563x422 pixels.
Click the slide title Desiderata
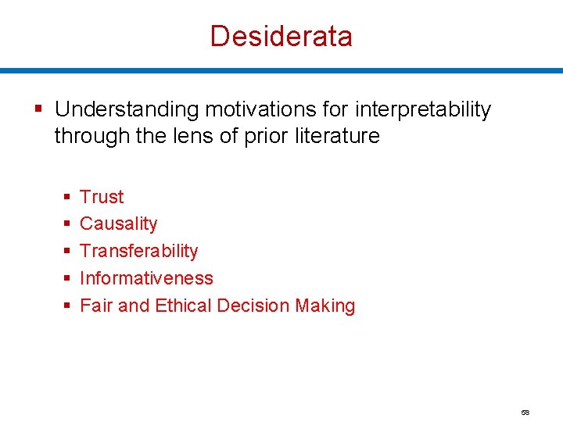click(x=281, y=36)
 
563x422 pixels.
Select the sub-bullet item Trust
click(x=102, y=197)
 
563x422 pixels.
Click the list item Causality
click(x=118, y=224)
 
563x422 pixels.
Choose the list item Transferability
click(x=138, y=252)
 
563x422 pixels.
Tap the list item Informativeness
click(x=146, y=278)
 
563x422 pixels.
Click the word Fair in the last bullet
click(x=96, y=306)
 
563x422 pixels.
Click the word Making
click(x=325, y=306)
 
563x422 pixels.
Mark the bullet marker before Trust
click(x=67, y=197)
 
